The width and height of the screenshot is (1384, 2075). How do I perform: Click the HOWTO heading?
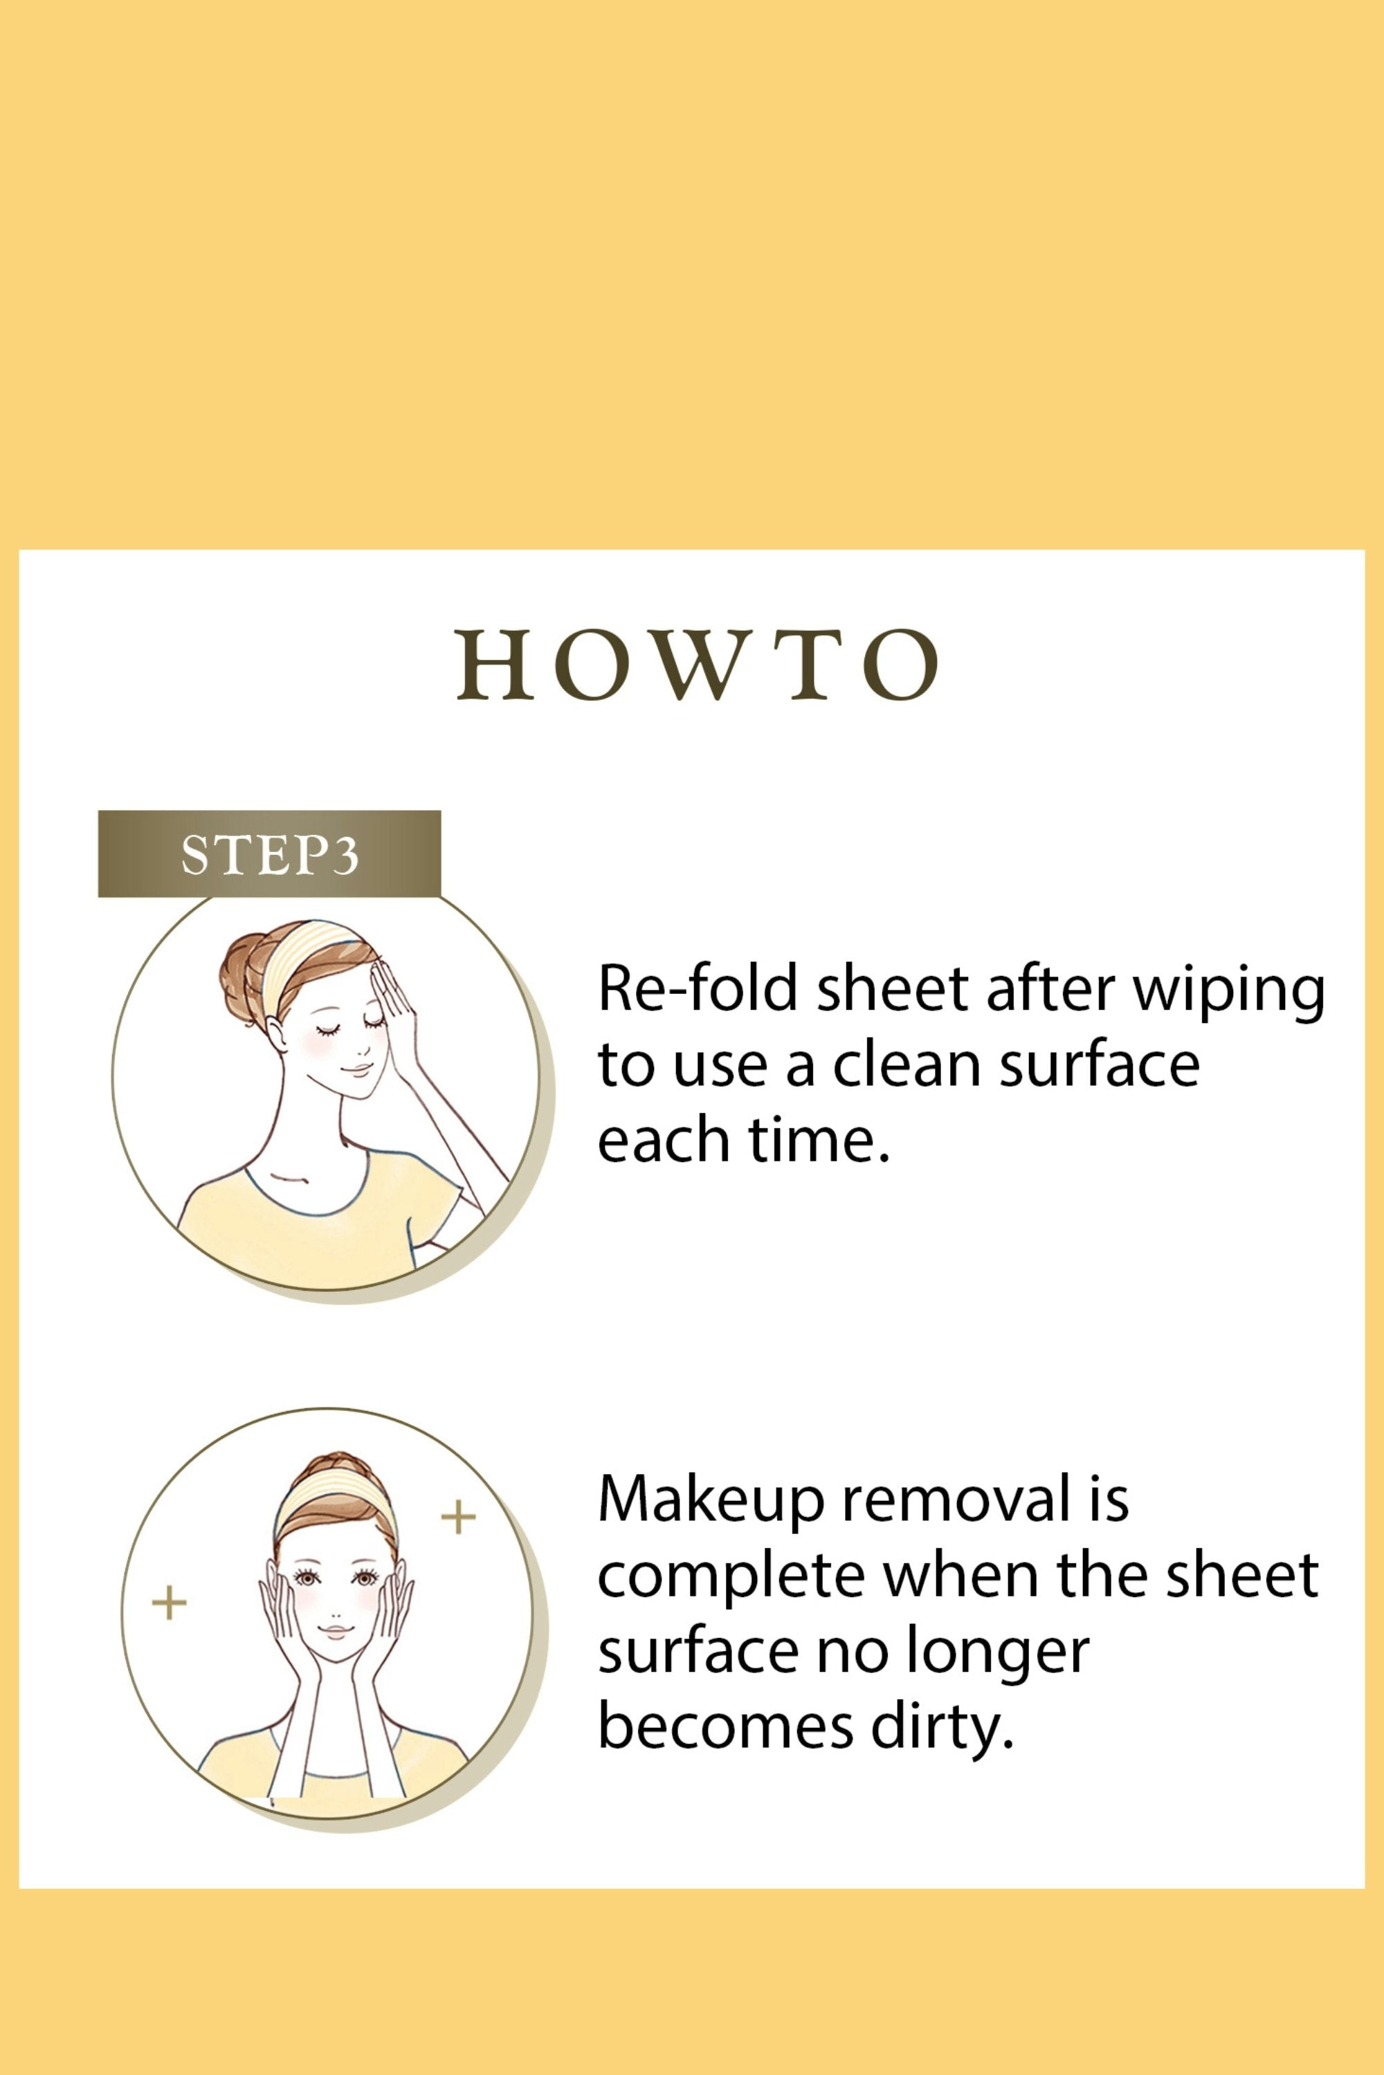coord(698,665)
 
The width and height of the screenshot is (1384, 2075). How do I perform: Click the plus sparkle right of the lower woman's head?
coord(458,1518)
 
